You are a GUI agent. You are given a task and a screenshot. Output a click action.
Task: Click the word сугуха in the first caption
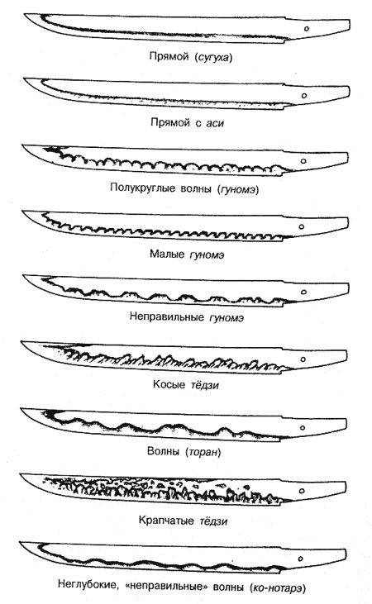(x=213, y=57)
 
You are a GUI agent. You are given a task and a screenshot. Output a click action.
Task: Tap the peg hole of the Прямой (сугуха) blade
(x=307, y=28)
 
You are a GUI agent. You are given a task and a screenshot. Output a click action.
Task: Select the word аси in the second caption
(x=215, y=123)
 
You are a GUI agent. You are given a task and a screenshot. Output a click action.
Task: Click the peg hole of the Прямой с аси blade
(x=304, y=96)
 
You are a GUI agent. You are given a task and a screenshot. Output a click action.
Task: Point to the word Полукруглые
(x=142, y=188)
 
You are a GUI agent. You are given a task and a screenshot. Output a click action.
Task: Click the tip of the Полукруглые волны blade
(x=22, y=145)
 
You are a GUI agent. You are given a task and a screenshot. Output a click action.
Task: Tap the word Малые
(x=167, y=254)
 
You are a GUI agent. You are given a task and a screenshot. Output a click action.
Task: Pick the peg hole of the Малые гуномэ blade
(x=302, y=227)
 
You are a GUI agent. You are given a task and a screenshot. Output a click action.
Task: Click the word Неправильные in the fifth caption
(x=166, y=316)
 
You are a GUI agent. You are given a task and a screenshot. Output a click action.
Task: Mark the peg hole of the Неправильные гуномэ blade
(x=303, y=292)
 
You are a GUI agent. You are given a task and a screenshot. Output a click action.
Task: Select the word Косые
(x=169, y=384)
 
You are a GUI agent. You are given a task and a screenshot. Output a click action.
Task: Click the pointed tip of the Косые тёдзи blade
(x=21, y=341)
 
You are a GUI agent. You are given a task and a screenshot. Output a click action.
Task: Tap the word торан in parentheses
(x=203, y=451)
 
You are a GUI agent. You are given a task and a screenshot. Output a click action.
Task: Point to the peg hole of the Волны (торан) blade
(x=303, y=427)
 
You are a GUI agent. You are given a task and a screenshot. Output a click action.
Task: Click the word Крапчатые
(x=166, y=521)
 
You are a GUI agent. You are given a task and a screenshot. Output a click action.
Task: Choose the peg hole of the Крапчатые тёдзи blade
(x=303, y=491)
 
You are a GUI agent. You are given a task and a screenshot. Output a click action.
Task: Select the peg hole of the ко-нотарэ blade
(x=301, y=559)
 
